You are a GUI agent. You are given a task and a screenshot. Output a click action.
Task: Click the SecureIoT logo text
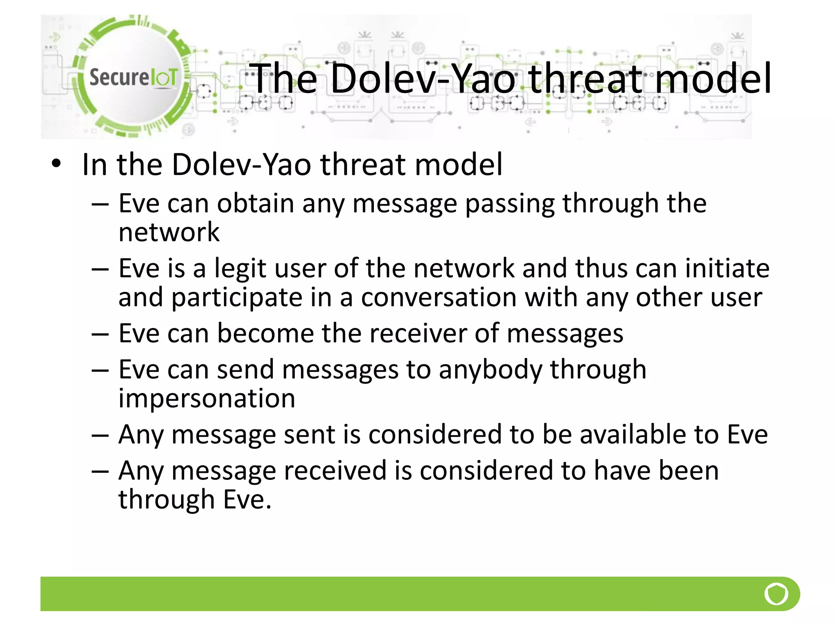point(133,77)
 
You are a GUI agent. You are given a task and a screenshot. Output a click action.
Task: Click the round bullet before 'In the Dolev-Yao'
point(56,164)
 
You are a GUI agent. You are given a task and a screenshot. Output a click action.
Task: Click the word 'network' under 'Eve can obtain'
point(169,232)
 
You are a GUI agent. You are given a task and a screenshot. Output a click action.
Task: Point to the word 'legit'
point(240,269)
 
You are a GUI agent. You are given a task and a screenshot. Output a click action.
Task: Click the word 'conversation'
point(439,297)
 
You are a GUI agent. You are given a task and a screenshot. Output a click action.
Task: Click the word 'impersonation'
point(207,398)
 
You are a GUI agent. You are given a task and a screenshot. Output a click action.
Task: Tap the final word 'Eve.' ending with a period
point(247,499)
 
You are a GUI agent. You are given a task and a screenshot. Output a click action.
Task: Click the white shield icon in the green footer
point(776,594)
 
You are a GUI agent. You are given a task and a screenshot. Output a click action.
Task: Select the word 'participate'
point(237,297)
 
